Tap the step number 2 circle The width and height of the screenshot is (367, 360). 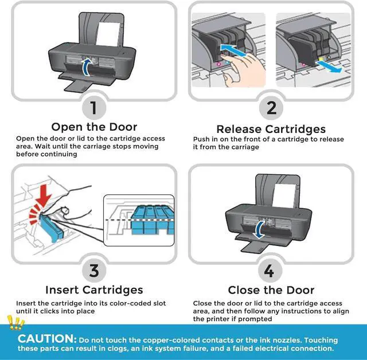pos(271,107)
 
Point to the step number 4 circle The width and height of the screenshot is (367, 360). pos(271,270)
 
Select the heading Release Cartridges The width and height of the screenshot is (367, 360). pos(271,128)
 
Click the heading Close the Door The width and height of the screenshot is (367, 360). pos(271,290)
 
